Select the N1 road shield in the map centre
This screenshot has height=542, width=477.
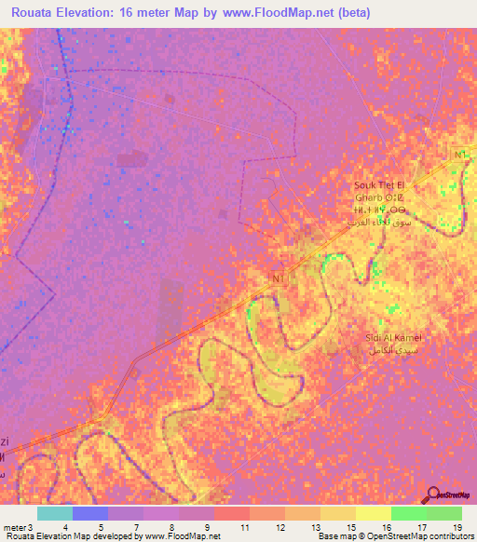pos(276,278)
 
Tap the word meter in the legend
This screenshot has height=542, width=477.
pos(14,527)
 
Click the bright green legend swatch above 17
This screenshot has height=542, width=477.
pos(408,513)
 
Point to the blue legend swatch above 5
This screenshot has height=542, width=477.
pos(89,513)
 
